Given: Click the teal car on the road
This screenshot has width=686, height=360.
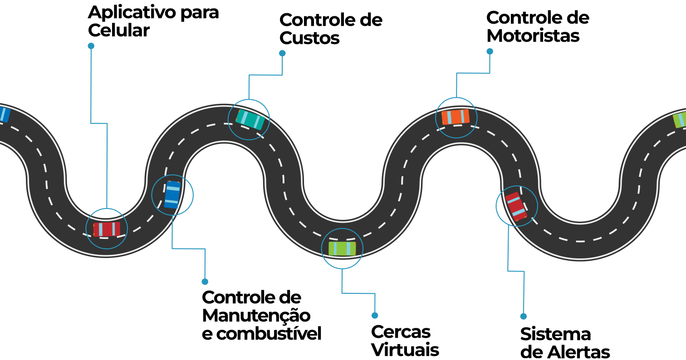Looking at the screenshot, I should click(250, 119).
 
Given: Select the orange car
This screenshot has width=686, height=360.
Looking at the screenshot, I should click(456, 117).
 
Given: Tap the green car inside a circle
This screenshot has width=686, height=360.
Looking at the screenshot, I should click(342, 248).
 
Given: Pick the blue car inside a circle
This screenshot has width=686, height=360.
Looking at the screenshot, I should click(172, 195).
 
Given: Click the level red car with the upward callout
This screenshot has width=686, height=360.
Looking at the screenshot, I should click(107, 229).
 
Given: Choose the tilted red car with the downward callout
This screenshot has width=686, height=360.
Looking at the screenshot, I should click(516, 206).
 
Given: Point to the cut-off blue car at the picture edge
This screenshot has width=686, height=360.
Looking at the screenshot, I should click(3, 114).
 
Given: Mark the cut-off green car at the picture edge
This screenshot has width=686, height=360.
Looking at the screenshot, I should click(680, 119).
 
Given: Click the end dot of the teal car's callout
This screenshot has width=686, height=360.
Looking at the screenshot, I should click(282, 53).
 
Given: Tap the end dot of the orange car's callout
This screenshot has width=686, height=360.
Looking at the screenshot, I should click(490, 51).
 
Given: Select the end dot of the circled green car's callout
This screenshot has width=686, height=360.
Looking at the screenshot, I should click(375, 316).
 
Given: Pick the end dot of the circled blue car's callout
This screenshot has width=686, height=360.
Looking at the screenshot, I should click(205, 282).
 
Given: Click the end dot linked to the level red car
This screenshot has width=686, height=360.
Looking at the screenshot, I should click(91, 46).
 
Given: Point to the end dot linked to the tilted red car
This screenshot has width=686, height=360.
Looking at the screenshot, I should click(523, 316).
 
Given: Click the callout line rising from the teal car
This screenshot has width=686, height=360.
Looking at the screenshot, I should click(265, 75).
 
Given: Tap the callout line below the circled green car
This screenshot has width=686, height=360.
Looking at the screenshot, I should click(358, 293).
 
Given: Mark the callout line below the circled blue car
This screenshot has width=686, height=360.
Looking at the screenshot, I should click(188, 248).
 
